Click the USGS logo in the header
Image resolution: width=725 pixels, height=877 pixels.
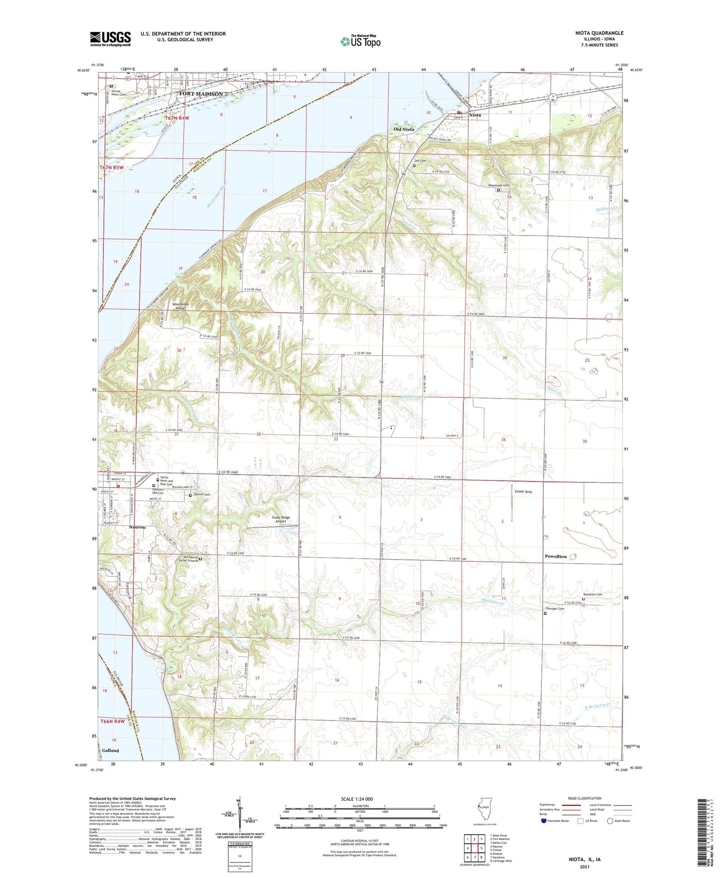point(110,39)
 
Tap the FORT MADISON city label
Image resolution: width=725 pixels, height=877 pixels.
point(201,94)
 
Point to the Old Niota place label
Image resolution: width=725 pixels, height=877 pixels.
point(404,129)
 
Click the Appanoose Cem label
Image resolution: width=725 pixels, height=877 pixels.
point(498,186)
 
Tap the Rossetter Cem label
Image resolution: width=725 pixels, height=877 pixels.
point(592,595)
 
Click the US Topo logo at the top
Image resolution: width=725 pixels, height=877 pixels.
point(360,41)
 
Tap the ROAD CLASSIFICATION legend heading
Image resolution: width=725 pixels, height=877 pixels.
point(585,798)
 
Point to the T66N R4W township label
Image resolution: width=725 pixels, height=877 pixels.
point(112,721)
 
